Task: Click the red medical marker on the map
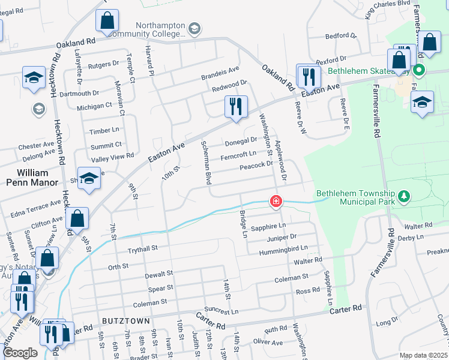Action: (x=276, y=201)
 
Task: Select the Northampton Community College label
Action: (x=160, y=29)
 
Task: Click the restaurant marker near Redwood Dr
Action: (x=235, y=107)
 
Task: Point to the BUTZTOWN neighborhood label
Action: (x=125, y=321)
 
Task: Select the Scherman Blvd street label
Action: (x=205, y=163)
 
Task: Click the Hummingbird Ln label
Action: (x=283, y=248)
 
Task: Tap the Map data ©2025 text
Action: (x=423, y=355)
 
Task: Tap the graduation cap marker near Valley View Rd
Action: (x=89, y=179)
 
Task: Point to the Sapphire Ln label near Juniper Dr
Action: (x=268, y=227)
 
